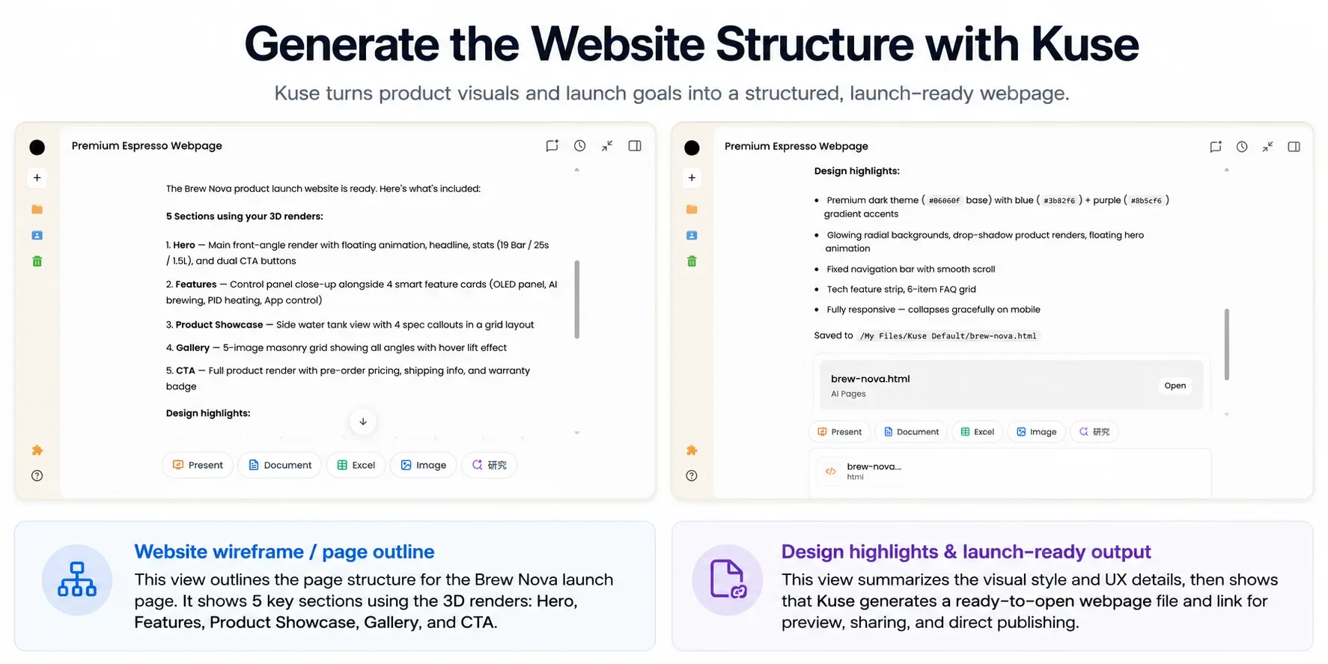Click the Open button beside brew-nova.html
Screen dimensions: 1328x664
1175,386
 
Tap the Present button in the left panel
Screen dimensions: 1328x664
198,465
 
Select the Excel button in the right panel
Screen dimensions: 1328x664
978,432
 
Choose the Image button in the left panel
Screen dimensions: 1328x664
423,465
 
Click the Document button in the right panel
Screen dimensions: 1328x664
911,432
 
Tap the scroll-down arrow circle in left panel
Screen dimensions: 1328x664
363,421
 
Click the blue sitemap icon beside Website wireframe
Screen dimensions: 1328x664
77,579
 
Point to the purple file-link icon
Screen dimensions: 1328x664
727,579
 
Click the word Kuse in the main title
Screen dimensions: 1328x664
1085,44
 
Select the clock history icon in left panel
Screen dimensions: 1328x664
579,146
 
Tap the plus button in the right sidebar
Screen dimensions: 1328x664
692,177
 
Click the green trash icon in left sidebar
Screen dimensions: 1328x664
37,261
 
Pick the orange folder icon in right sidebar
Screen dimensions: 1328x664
692,210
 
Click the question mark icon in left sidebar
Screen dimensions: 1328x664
37,475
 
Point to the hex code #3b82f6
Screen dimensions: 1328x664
1059,201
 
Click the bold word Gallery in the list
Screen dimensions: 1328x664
192,347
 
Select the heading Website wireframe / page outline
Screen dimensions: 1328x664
284,552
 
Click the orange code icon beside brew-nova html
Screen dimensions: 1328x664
831,471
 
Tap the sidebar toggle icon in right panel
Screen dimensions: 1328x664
1294,147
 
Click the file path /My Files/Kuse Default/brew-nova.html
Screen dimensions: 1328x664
948,336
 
